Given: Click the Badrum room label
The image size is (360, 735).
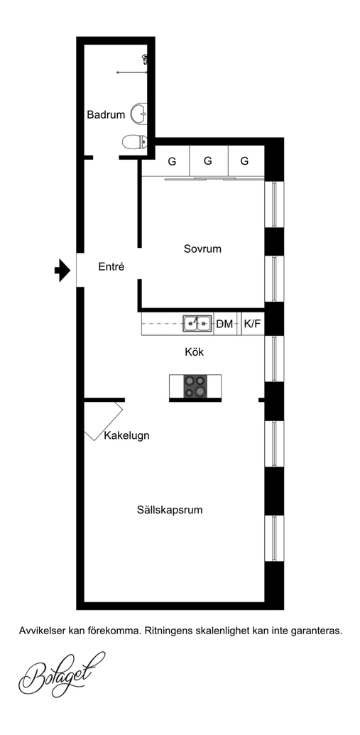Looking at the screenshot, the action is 106,114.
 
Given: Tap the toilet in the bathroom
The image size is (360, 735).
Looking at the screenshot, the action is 134,141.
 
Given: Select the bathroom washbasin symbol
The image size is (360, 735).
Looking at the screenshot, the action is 138,113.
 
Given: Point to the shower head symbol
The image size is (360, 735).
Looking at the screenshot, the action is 146,59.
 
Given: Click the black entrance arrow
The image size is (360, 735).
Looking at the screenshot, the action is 62,270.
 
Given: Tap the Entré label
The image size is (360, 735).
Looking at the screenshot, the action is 111,267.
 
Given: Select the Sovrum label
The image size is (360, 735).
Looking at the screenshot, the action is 202,249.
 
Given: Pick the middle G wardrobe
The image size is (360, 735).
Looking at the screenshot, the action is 209,161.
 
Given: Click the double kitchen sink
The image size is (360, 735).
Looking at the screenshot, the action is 197,323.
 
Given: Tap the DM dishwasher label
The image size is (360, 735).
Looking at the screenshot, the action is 224,324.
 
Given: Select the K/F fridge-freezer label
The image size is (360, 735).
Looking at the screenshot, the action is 253,324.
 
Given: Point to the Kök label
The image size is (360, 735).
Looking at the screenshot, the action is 195,352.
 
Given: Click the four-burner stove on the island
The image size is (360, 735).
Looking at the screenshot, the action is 195,387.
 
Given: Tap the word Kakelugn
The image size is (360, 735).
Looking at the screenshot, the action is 126,435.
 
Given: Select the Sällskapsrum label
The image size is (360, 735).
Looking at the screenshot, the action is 170,510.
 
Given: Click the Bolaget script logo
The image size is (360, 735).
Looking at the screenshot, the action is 62,674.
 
